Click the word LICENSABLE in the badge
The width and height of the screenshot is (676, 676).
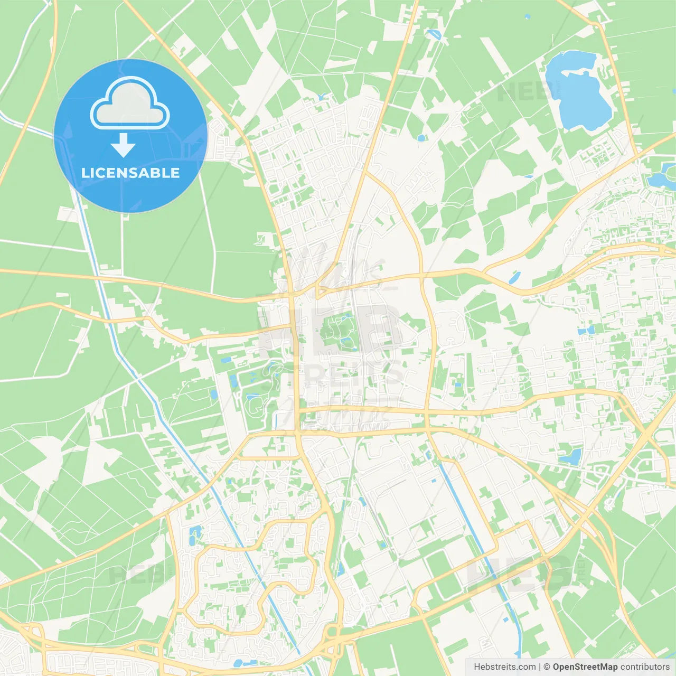tap(130, 173)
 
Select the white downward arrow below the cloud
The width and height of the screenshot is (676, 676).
tap(123, 145)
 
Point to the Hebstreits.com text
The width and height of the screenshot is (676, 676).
tap(504, 667)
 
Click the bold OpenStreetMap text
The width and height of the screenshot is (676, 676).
tap(585, 667)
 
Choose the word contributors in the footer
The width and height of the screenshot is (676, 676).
tap(645, 667)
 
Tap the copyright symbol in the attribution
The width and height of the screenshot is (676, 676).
tap(547, 667)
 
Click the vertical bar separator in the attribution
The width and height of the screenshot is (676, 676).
tap(540, 667)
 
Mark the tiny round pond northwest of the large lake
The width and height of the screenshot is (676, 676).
tap(528, 17)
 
